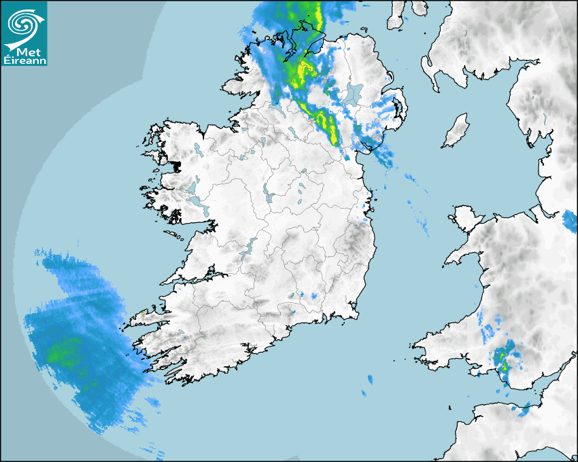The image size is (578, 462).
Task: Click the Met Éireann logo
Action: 24,33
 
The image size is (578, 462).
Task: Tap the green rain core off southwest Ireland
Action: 61,353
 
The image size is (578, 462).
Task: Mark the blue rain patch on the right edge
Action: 570,219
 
